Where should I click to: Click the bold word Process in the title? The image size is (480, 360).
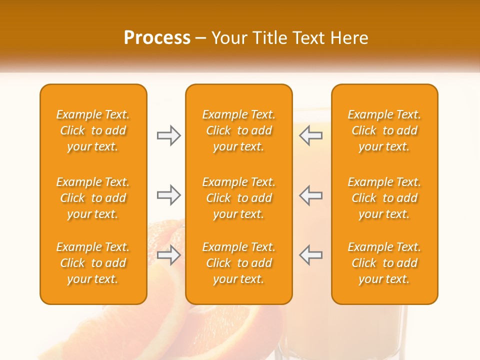157,38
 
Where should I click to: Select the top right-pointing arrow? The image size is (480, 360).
168,135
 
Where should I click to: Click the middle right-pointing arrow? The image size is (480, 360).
168,195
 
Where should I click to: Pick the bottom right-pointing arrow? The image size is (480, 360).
168,255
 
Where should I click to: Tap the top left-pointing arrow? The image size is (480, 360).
311,135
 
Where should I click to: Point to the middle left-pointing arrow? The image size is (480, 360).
311,195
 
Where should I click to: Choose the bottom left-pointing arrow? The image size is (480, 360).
311,255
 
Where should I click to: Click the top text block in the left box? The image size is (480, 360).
93,130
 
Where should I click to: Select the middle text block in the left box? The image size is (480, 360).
93,198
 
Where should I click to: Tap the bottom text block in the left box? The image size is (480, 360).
93,263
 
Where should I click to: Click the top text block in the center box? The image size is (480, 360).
238,130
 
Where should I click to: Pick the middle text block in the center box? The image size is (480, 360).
238,198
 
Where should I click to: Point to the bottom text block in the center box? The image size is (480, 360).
238,263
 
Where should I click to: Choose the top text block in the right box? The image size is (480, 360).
384,130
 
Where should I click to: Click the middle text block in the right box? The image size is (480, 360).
384,198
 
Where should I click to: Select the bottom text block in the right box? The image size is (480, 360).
384,263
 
